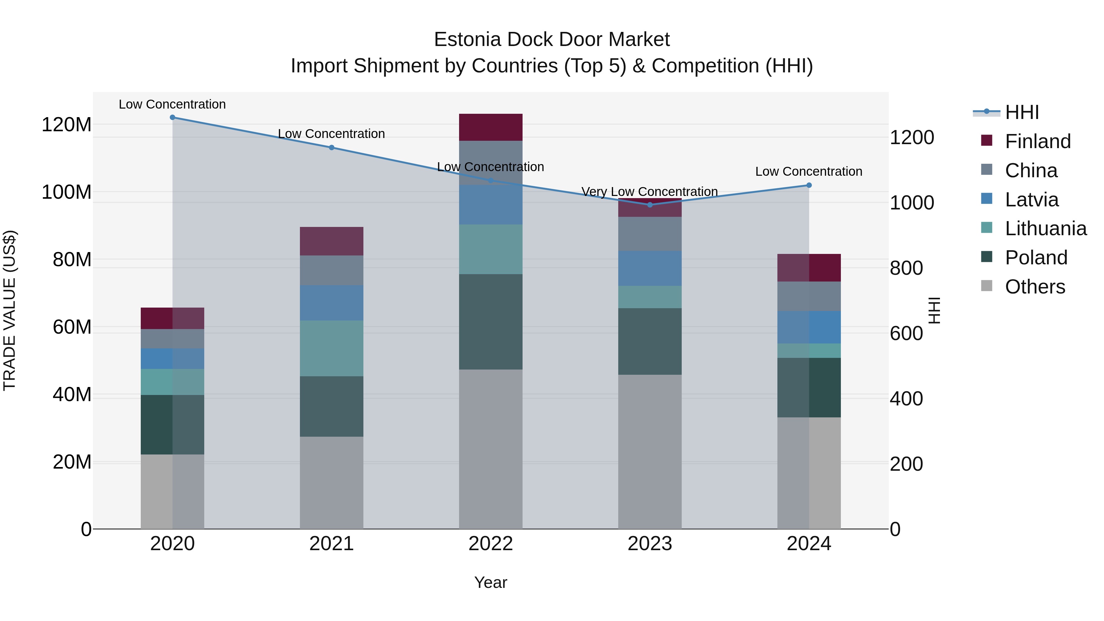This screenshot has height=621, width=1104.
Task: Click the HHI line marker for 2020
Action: [x=172, y=117]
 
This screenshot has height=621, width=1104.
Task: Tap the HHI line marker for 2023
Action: [x=650, y=205]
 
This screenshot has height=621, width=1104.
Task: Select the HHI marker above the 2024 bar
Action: [x=809, y=185]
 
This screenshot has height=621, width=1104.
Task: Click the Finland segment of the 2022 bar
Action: [x=490, y=127]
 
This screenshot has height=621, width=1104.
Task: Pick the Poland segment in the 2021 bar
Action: [x=331, y=406]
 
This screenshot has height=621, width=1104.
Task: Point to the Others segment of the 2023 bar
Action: [x=650, y=452]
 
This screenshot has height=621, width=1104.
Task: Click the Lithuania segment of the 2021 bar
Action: [x=331, y=348]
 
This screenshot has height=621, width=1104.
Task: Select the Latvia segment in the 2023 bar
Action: [x=650, y=268]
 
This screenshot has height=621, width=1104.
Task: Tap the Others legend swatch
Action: [x=986, y=286]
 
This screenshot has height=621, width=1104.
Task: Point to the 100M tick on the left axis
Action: [x=67, y=192]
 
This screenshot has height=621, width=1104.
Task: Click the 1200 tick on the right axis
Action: [x=912, y=138]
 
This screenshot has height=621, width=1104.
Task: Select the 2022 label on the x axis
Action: [x=490, y=544]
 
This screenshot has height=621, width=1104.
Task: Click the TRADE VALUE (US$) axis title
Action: [x=10, y=310]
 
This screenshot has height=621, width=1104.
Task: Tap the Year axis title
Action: [x=490, y=582]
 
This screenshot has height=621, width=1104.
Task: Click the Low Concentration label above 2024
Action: [x=808, y=171]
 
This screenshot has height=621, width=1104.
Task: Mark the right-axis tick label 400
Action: [x=906, y=399]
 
